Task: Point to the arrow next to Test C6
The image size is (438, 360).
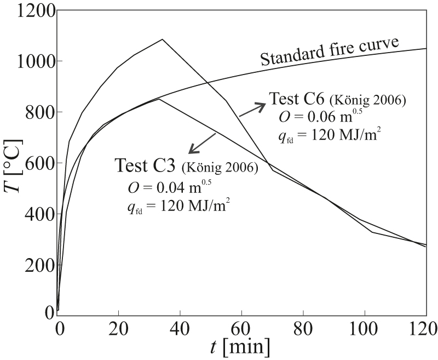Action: (x=252, y=108)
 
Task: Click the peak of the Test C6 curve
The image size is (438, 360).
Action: (x=163, y=39)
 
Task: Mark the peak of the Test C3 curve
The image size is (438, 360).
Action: (x=158, y=99)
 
